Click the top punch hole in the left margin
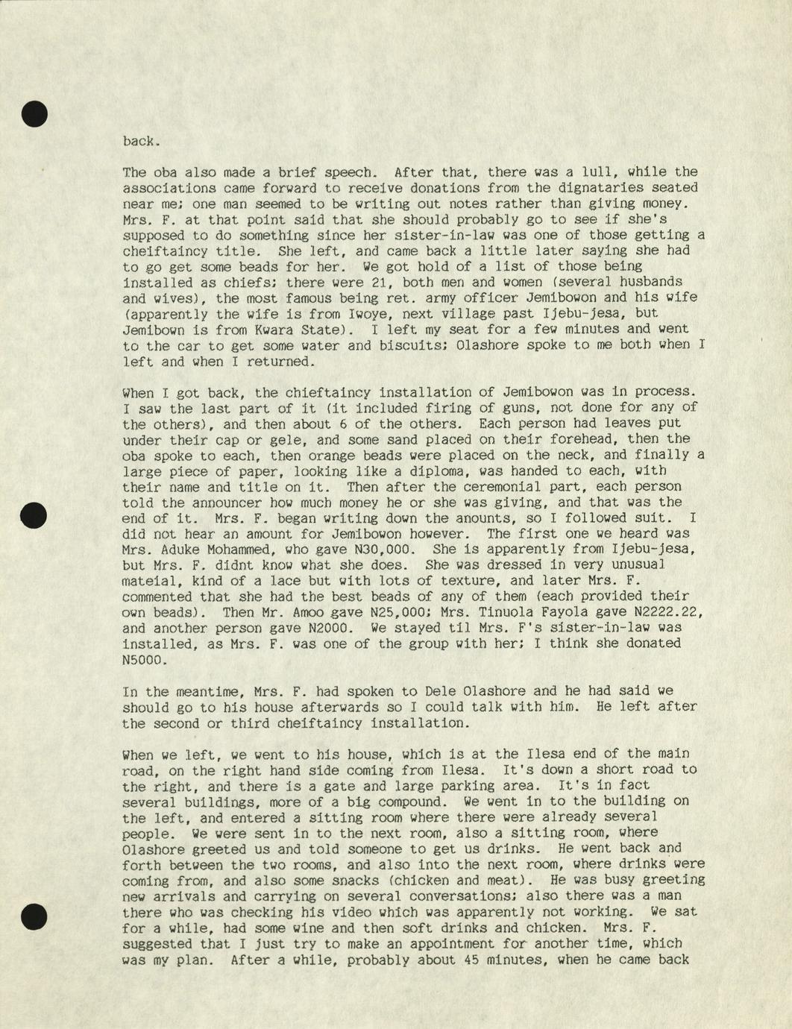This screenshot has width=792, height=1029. (x=34, y=113)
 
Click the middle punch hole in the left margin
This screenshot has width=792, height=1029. (x=34, y=515)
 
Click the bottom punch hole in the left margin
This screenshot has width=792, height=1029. (x=34, y=916)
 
